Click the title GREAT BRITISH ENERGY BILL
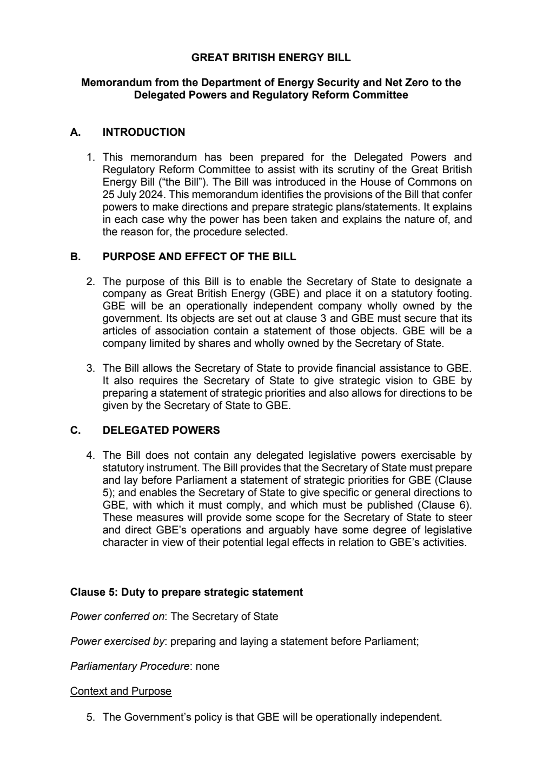[x=271, y=57]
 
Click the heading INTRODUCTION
[x=143, y=133]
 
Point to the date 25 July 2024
[x=131, y=194]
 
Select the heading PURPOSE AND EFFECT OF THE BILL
[x=199, y=256]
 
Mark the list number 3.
[x=90, y=368]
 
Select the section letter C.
[x=75, y=431]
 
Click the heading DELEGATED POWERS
[x=161, y=431]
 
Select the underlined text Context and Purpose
[x=121, y=691]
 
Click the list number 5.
[x=90, y=717]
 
